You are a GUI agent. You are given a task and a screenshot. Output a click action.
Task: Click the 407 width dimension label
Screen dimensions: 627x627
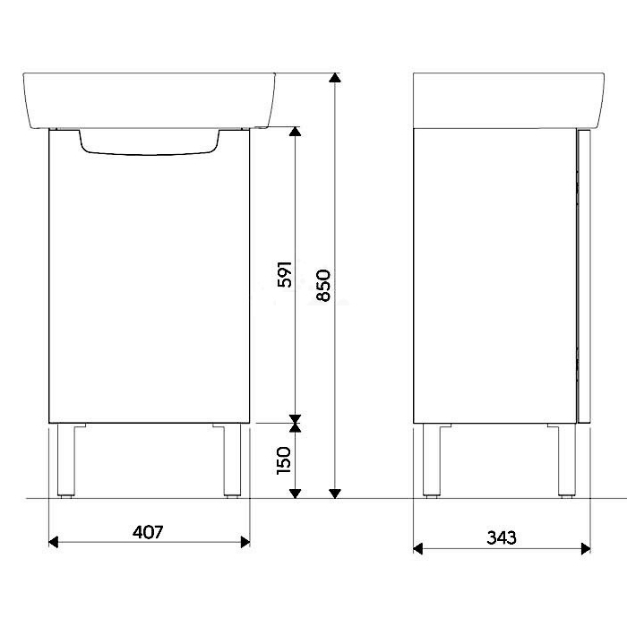click(148, 532)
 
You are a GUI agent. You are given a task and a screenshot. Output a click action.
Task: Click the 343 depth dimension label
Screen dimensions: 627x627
click(502, 537)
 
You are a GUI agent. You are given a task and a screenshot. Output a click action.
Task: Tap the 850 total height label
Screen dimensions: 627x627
click(323, 285)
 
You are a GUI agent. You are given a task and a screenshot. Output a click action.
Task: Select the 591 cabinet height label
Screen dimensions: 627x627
click(285, 274)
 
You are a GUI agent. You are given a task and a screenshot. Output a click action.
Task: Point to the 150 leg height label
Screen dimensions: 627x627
click(284, 460)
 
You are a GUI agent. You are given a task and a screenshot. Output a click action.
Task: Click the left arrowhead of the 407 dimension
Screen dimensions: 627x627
click(53, 542)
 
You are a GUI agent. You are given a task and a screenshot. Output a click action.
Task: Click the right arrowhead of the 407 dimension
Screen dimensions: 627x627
click(245, 542)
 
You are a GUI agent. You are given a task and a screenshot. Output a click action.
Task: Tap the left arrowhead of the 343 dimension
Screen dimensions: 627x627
click(418, 548)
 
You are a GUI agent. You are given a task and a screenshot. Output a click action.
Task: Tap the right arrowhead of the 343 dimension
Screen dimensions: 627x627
click(586, 548)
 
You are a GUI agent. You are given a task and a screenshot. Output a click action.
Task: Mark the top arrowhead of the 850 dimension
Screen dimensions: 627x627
click(335, 78)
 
